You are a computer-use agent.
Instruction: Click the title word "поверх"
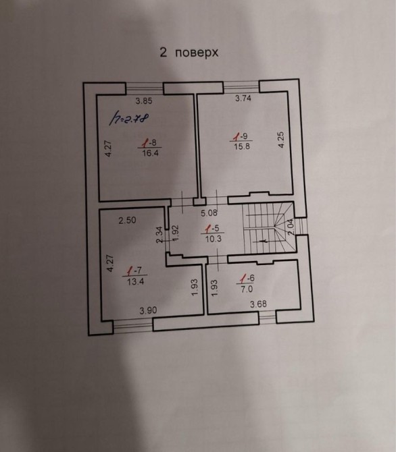(197, 53)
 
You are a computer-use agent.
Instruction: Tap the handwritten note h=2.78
(129, 118)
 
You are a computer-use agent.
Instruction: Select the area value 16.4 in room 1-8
(150, 152)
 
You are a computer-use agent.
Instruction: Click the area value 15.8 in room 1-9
(242, 146)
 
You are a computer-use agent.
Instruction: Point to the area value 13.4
(135, 281)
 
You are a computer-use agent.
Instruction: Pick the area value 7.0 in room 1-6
(247, 289)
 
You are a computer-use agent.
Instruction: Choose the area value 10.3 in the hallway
(213, 239)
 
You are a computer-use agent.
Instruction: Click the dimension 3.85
(144, 101)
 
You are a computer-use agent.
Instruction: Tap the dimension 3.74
(243, 98)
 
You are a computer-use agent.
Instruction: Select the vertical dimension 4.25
(281, 140)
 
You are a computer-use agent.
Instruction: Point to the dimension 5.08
(209, 213)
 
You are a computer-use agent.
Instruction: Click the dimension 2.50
(127, 220)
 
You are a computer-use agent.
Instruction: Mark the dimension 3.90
(148, 310)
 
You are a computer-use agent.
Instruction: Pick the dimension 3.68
(258, 304)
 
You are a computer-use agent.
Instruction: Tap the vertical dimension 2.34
(159, 235)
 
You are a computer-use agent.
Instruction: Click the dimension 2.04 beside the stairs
(291, 227)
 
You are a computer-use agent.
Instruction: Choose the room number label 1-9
(242, 136)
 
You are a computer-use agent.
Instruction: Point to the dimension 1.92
(176, 233)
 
